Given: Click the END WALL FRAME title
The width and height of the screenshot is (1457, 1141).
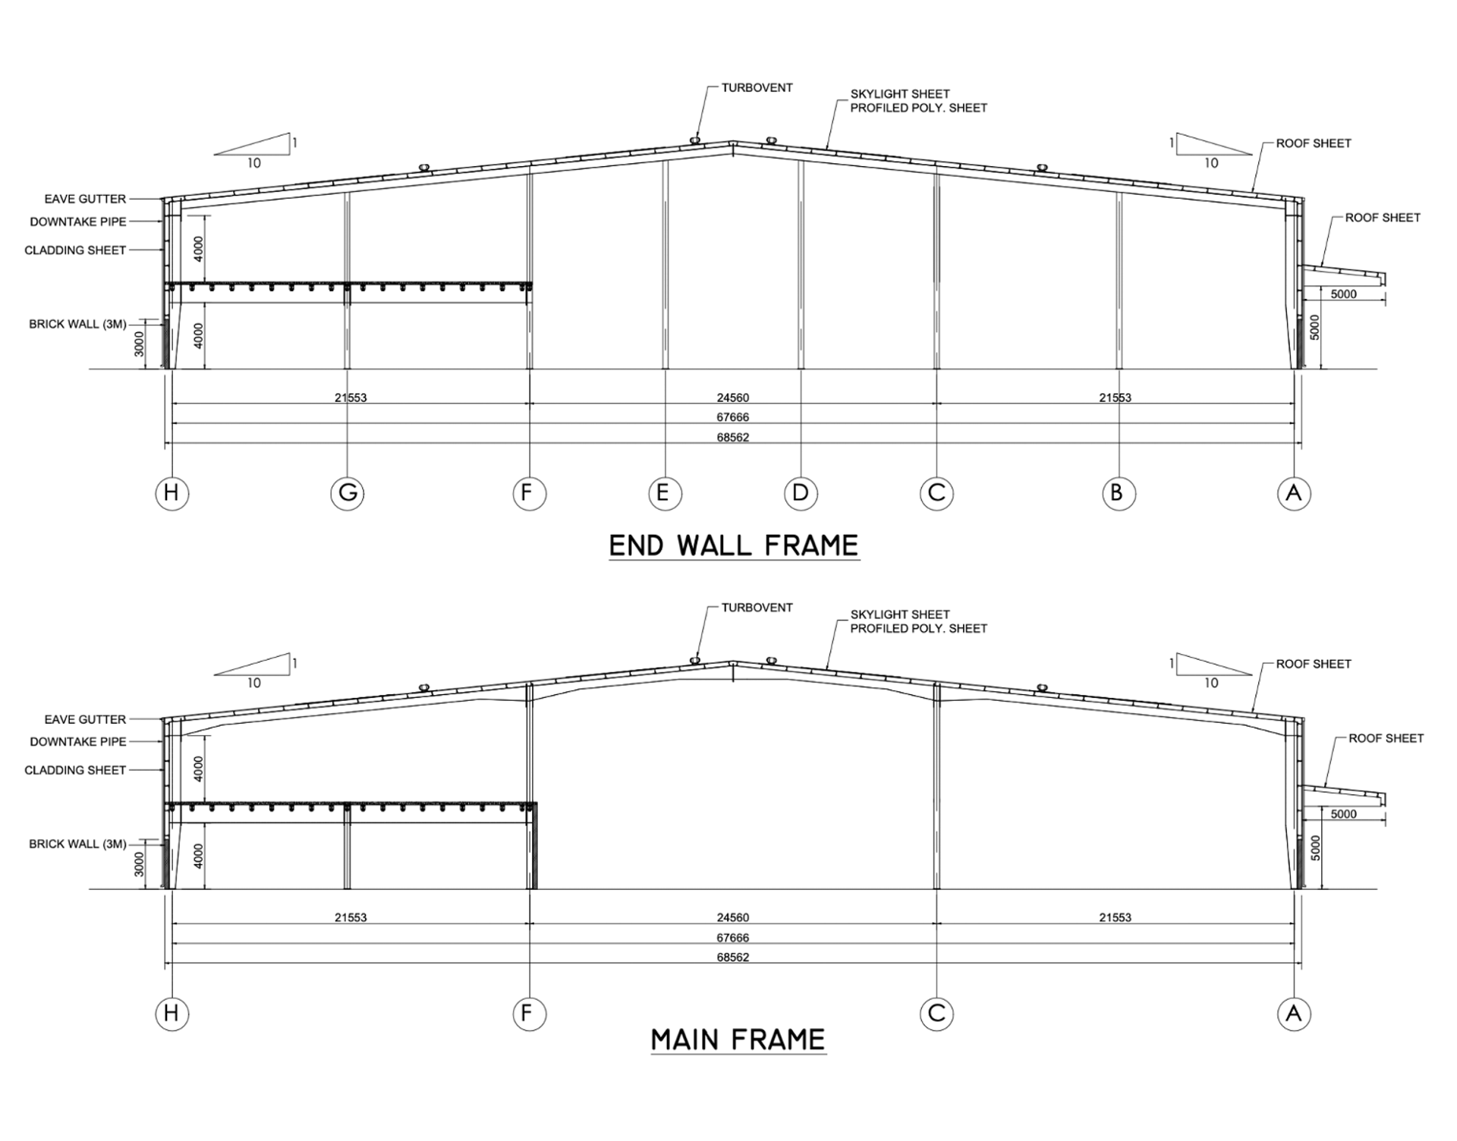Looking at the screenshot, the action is (x=733, y=545).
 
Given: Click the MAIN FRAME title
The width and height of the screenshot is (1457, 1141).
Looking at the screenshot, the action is (x=738, y=1039).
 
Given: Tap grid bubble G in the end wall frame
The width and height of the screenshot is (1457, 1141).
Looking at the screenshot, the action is (x=348, y=493).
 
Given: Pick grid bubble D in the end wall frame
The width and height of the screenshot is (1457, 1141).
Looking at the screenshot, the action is (x=801, y=493).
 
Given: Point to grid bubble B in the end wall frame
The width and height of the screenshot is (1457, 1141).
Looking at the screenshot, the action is (x=1119, y=493).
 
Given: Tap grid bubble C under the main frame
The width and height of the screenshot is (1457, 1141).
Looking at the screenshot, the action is (x=936, y=1014).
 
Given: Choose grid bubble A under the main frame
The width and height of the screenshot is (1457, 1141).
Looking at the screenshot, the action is (x=1294, y=1014).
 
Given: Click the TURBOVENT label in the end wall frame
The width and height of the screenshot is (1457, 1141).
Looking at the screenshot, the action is (x=757, y=88).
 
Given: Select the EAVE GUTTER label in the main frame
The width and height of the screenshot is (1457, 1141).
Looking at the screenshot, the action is (x=85, y=719).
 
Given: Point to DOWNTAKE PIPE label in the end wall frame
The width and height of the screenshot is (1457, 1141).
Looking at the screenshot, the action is (x=78, y=222).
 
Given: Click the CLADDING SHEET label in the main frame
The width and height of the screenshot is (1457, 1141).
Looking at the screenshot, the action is (x=75, y=770).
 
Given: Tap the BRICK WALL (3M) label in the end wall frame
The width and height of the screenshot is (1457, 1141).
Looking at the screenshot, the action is (x=77, y=324).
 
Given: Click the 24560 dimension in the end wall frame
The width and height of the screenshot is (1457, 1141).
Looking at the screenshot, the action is (x=732, y=398).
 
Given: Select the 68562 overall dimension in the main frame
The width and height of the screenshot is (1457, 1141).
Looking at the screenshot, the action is (x=732, y=957).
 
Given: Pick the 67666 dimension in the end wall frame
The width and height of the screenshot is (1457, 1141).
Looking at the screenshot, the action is (x=732, y=417).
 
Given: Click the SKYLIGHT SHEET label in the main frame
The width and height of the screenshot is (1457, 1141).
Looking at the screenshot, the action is (x=900, y=615).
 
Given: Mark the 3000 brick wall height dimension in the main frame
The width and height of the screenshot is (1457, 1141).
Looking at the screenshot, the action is (x=140, y=863).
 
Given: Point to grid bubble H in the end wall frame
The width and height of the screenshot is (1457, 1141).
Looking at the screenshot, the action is (x=172, y=493).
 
